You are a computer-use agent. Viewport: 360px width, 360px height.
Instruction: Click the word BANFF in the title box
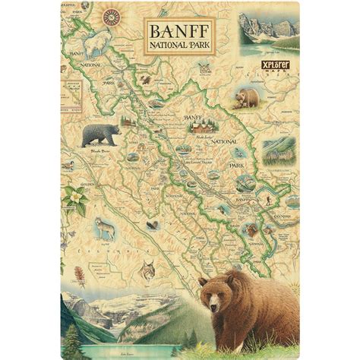pyautogui.click(x=180, y=33)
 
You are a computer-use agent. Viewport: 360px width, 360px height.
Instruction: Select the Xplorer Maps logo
pyautogui.click(x=276, y=67)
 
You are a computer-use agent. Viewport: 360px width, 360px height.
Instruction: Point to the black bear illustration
pyautogui.click(x=99, y=135)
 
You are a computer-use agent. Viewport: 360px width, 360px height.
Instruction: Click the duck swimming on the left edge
pyautogui.click(x=68, y=164)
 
